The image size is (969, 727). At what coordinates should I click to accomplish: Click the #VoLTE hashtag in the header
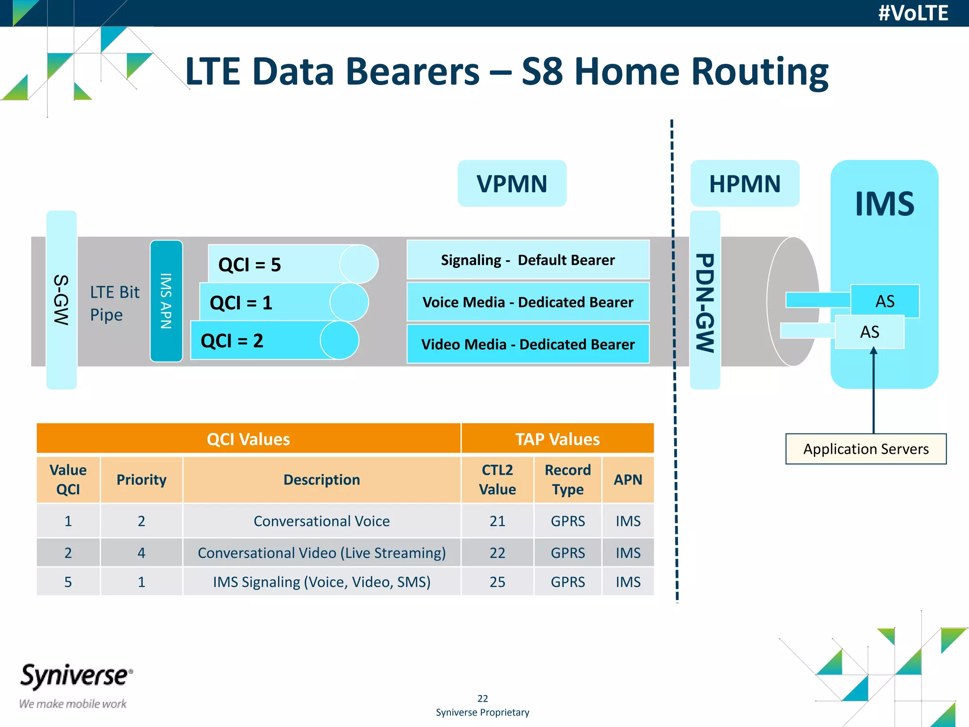913,13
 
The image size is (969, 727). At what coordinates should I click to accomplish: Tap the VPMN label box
511,184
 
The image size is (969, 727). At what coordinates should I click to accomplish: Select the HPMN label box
744,184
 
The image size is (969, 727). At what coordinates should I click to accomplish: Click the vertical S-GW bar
62,300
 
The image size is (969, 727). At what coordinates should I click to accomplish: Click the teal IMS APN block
166,301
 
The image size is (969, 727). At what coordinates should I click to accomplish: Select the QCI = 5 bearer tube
284,264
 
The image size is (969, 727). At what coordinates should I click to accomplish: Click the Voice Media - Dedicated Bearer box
528,302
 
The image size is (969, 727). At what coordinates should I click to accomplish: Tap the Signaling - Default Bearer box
528,260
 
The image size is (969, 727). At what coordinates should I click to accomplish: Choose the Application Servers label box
865,449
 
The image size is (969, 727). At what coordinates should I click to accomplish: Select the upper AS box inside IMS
884,301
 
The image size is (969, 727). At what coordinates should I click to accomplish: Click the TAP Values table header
557,439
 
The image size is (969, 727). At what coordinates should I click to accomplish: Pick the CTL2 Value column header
497,479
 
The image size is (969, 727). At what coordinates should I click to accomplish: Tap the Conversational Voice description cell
321,521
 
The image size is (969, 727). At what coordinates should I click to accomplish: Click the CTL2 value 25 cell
497,582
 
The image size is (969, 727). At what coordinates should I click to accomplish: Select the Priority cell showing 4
141,552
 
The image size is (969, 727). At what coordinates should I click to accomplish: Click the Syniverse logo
76,677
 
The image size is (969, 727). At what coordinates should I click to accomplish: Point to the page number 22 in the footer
482,698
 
